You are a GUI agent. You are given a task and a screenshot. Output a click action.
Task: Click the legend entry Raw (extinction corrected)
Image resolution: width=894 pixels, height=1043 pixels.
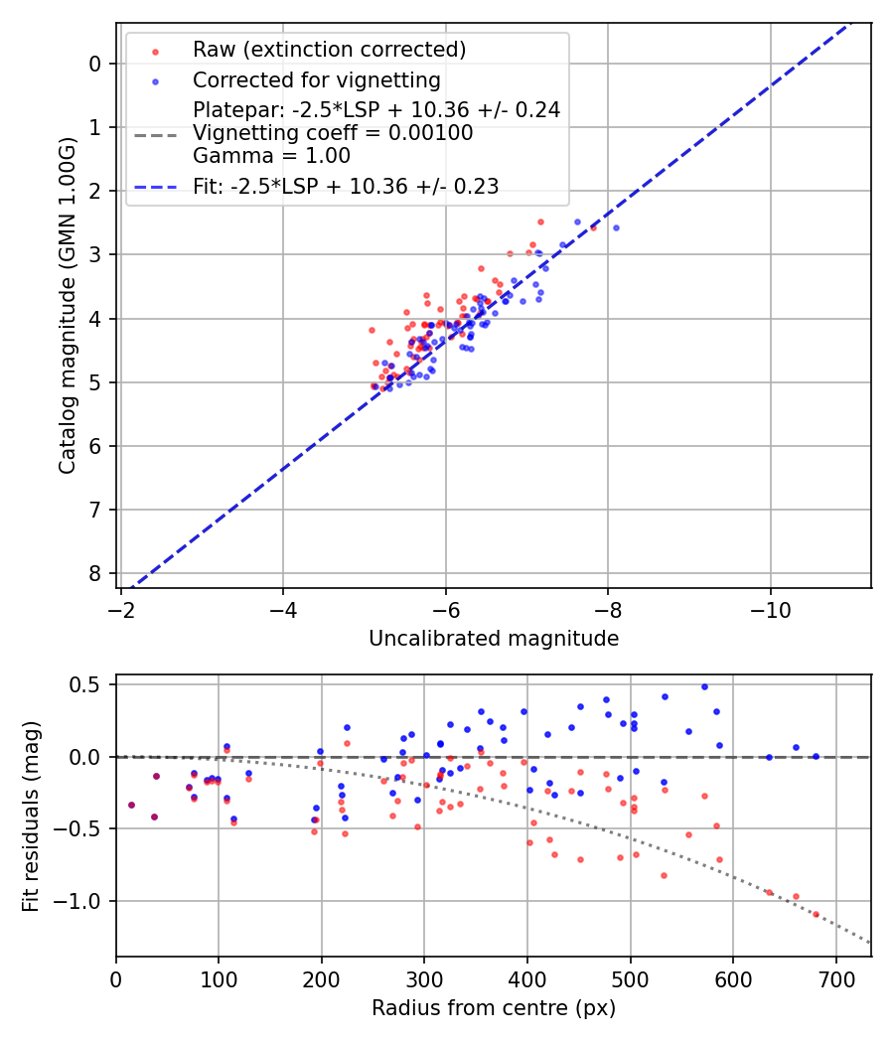(329, 50)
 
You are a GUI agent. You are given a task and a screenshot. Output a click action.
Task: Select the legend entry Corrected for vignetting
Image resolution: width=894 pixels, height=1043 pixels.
(316, 79)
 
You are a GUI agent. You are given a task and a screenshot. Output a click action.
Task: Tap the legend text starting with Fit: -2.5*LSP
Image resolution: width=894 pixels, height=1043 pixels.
(346, 186)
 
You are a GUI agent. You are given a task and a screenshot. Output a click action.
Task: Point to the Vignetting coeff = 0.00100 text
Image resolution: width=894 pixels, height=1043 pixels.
(333, 133)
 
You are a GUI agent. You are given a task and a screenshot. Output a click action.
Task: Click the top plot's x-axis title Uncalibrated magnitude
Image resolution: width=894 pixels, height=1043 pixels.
(494, 639)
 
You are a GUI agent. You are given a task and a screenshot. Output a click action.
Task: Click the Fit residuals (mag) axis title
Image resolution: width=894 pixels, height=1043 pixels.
(31, 817)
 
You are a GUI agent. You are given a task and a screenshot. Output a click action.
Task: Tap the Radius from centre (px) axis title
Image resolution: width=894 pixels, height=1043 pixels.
(494, 1008)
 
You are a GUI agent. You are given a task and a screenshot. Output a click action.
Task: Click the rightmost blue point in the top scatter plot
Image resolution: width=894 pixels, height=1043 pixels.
(616, 227)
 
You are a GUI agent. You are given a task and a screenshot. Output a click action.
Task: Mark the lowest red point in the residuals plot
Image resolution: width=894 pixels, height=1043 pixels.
(817, 914)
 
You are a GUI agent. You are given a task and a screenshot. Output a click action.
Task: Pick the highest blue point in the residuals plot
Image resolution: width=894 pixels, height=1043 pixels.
(704, 686)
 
